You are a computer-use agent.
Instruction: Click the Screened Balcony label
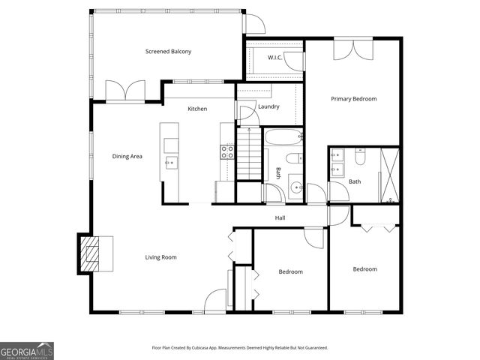[x=168, y=52]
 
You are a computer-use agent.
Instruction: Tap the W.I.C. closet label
[x=275, y=57]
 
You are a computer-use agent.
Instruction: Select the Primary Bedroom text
[x=354, y=99]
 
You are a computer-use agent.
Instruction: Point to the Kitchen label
[x=197, y=109]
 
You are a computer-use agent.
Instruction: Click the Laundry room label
[x=268, y=107]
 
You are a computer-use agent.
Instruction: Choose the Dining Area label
[x=127, y=157]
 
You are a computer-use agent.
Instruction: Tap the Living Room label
[x=160, y=257]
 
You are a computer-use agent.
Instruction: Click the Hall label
[x=280, y=218]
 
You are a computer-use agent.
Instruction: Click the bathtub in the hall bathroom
[x=282, y=138]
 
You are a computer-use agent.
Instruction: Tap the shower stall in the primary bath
[x=389, y=175]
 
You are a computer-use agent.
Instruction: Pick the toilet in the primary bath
[x=359, y=157]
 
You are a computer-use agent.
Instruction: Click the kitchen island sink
[x=169, y=162]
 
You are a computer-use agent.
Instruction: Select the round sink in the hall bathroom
[x=295, y=187]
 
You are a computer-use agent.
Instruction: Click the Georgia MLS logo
[x=27, y=350]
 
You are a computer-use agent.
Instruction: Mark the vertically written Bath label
[x=277, y=172]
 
